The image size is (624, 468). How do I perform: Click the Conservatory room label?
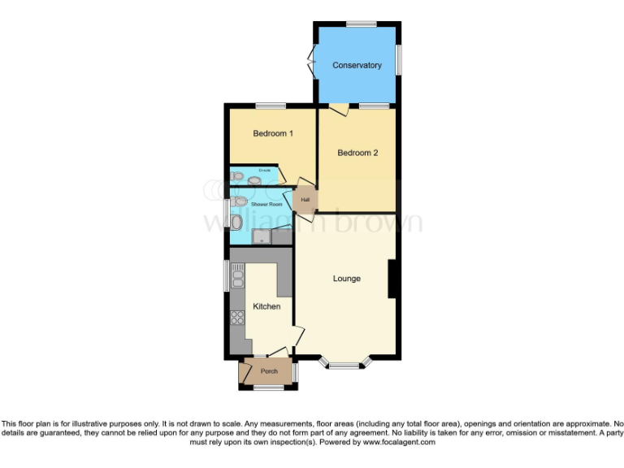coord(357,65)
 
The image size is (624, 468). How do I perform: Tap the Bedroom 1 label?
coord(272,133)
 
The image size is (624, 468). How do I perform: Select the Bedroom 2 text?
coord(357,153)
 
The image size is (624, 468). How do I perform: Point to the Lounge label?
coord(346,279)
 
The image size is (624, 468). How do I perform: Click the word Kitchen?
coord(266,306)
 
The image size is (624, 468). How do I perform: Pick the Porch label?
coord(269,372)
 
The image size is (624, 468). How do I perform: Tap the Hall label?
coord(305,200)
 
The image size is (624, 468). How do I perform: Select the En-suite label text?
coord(263,171)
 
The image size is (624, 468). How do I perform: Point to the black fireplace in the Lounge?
coord(392,278)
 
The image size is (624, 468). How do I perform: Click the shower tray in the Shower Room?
coord(261,236)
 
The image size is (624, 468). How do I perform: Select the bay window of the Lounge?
coord(344,364)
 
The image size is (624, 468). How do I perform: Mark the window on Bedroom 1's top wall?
coord(270,106)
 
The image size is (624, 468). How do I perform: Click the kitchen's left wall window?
coord(227,275)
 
